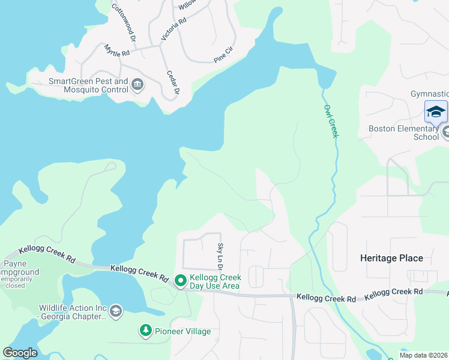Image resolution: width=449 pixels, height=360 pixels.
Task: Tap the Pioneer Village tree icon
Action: tap(145, 331)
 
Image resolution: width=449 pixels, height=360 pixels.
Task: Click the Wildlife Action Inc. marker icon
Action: tap(115, 311)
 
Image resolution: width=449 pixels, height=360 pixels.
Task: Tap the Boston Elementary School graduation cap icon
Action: tap(436, 112)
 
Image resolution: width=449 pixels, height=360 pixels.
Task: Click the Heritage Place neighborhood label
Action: tap(391, 258)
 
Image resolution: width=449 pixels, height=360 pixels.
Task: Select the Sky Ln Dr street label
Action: tap(220, 256)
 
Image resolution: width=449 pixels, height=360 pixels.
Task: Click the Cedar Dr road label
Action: tap(173, 83)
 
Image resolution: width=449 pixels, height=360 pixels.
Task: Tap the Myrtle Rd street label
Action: tap(117, 50)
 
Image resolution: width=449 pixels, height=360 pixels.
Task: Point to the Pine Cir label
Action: tap(223, 58)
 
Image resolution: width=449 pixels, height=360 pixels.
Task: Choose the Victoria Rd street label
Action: tap(173, 29)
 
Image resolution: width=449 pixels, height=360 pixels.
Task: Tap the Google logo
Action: tap(20, 353)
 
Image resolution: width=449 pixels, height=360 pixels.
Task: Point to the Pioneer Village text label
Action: tap(183, 331)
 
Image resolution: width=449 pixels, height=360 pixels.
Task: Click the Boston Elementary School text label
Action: tap(403, 133)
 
